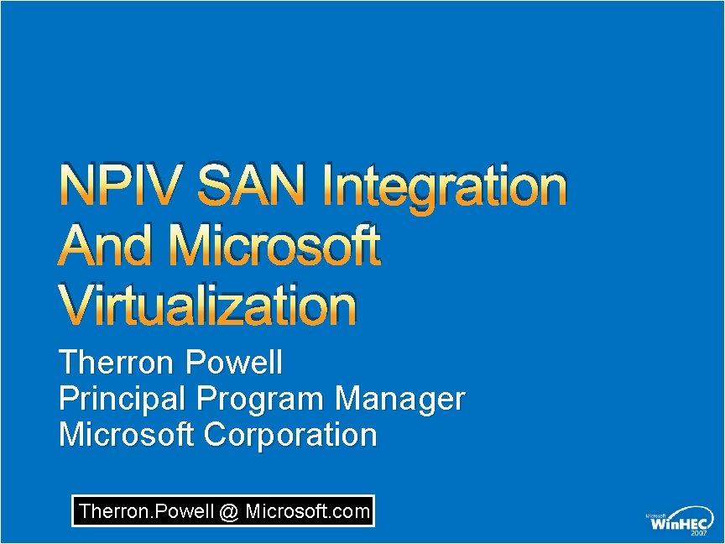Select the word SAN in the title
coord(252,186)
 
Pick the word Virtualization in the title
coord(208,306)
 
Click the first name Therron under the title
coord(117,364)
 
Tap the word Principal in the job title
coord(123,399)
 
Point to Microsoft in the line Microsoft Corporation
coord(128,435)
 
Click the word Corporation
coord(290,436)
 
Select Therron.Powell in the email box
coord(146,510)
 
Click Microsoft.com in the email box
coord(307,510)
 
